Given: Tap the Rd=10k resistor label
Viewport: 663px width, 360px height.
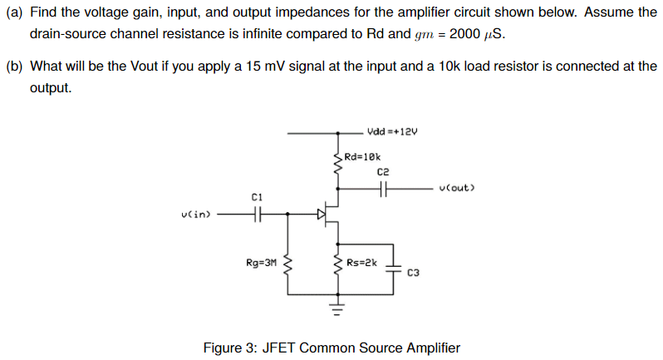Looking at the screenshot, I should click(362, 156).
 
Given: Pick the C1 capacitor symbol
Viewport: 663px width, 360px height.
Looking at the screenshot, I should click(257, 215).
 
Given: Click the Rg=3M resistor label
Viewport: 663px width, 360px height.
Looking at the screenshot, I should click(261, 263).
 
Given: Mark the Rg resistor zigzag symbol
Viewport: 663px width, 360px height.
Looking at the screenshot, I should click(288, 268).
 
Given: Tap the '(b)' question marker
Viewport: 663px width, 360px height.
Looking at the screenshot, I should click(15, 67).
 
